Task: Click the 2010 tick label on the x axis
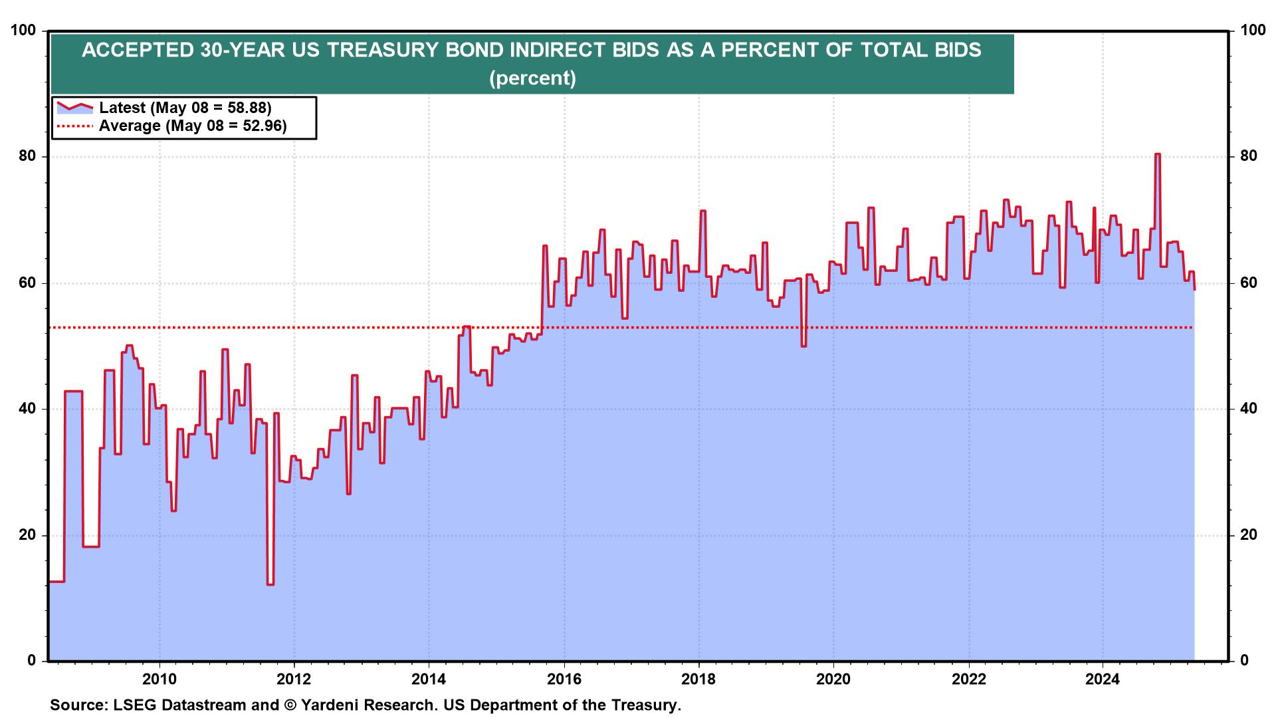159,679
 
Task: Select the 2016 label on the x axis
564,679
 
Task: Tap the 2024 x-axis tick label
1103,679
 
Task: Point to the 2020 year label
833,679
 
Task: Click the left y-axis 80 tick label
27,157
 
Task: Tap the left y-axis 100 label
23,31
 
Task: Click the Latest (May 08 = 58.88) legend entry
185,108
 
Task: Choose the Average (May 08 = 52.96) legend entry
193,126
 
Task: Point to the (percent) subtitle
532,78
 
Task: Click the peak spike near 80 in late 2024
1157,155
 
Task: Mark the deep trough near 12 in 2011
270,584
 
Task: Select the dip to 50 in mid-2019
803,345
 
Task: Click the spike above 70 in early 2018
702,211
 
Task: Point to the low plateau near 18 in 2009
91,546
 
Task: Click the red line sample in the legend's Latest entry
74,107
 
